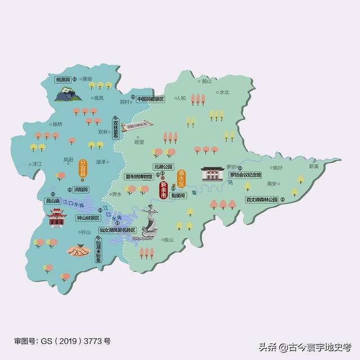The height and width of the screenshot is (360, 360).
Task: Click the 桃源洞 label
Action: [63, 80]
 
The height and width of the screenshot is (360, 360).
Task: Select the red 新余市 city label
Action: [163, 193]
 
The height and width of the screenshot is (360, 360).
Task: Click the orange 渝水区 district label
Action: [181, 179]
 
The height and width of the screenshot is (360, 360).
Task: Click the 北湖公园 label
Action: [164, 166]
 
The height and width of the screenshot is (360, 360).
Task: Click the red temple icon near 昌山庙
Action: [56, 218]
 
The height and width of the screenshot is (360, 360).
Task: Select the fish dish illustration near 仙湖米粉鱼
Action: [77, 249]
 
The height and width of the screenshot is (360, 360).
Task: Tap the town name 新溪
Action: [313, 166]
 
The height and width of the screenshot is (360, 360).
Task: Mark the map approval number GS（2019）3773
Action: [62, 341]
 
